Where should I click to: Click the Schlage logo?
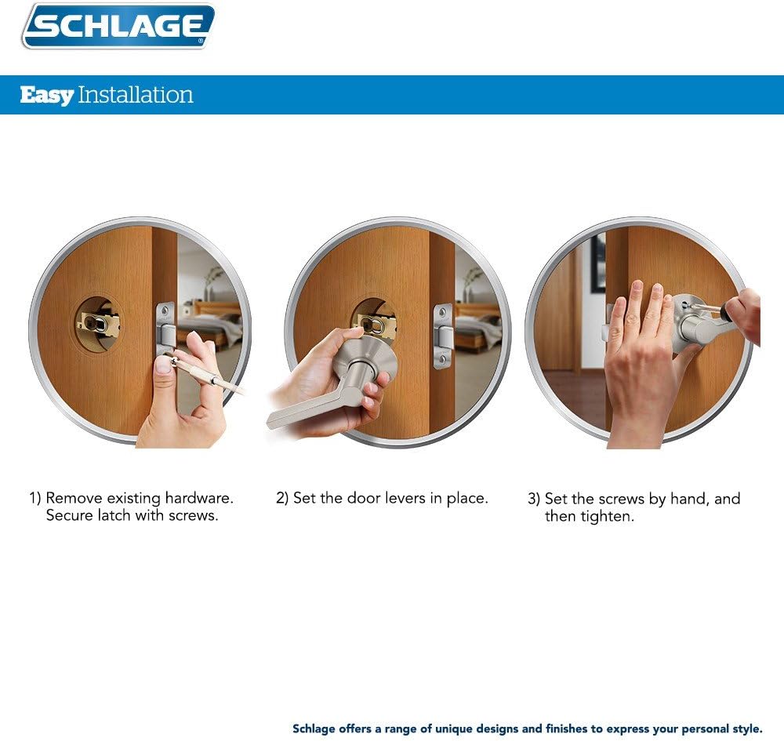click(x=118, y=27)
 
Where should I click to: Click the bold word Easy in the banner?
click(x=46, y=96)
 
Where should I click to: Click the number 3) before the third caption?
click(x=533, y=499)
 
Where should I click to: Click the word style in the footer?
click(x=746, y=728)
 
